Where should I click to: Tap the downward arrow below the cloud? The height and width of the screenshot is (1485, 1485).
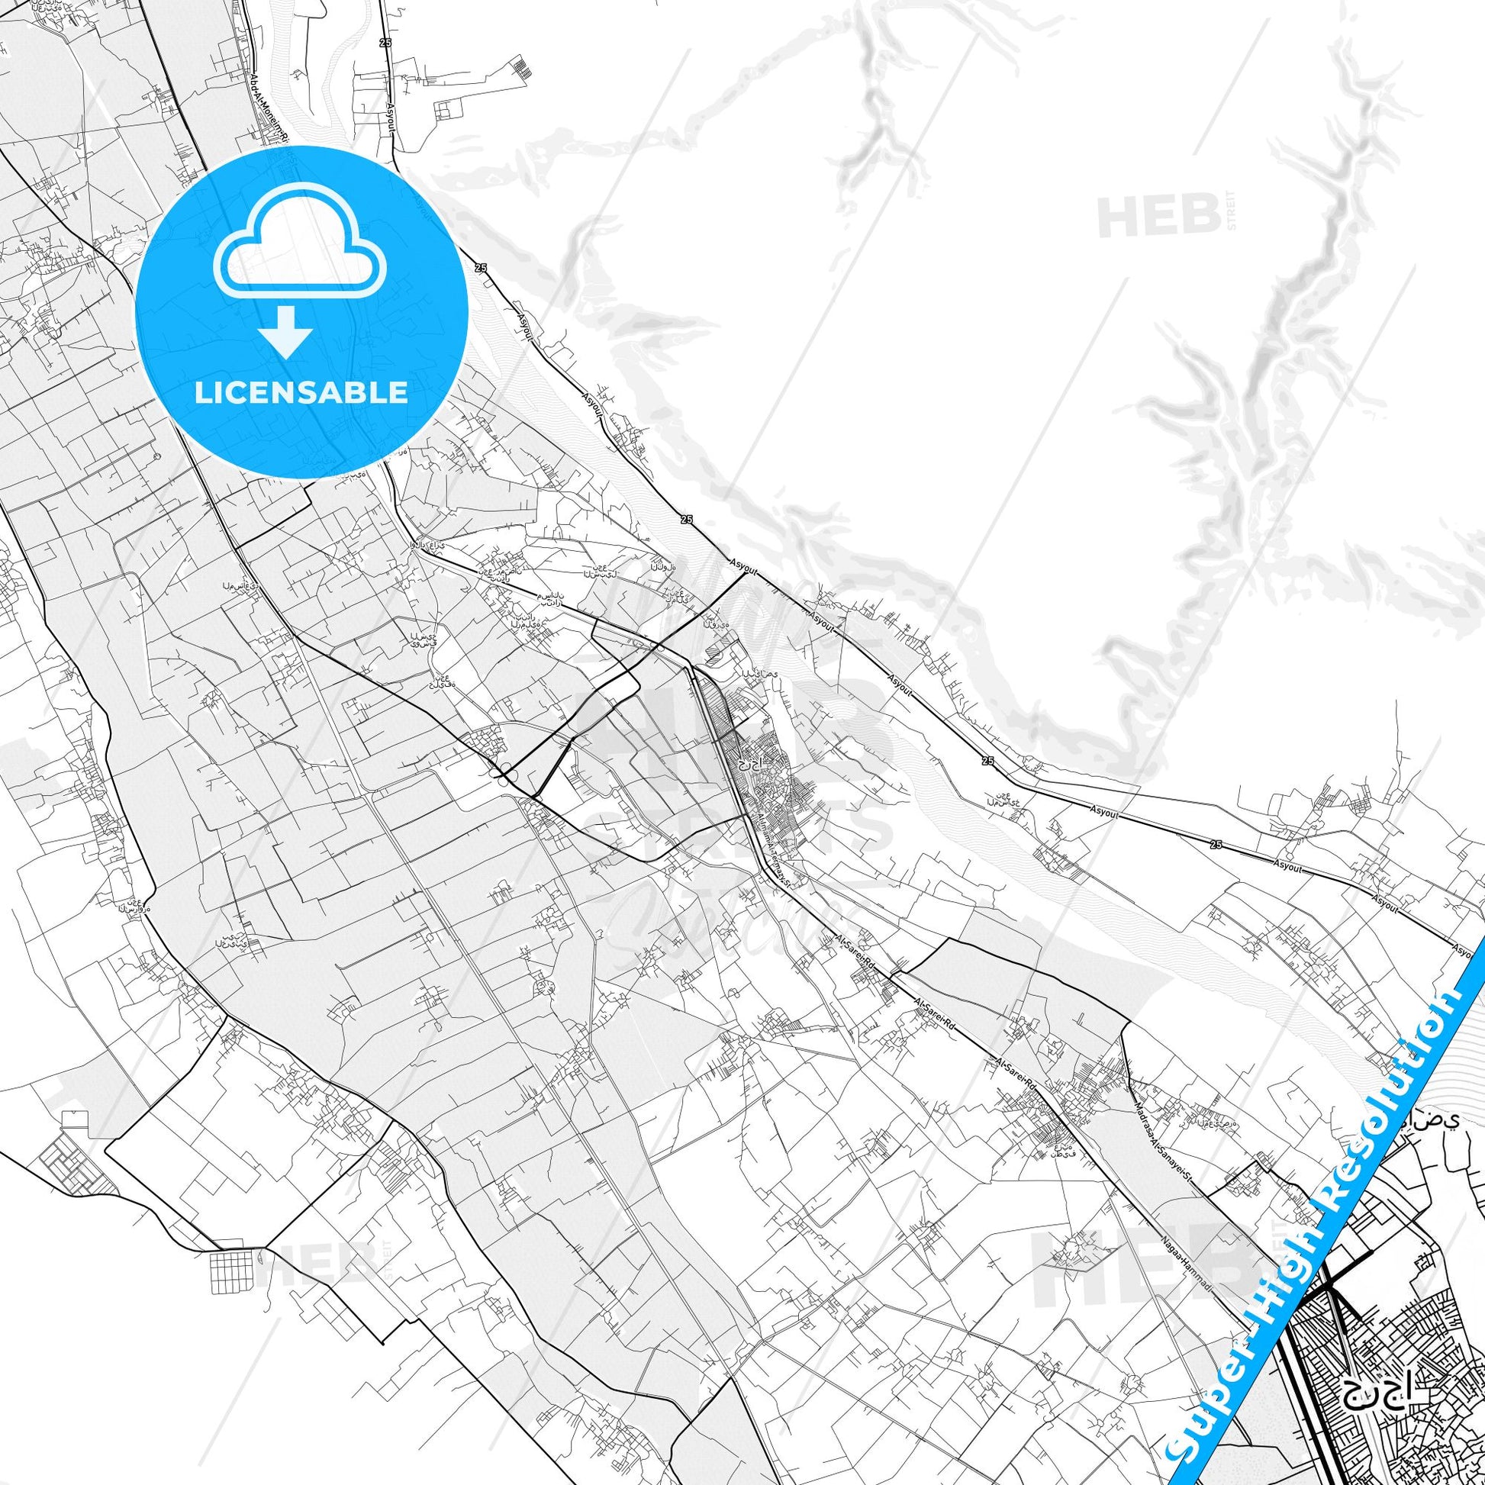tap(285, 331)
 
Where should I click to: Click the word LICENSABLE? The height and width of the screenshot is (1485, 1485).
tap(301, 393)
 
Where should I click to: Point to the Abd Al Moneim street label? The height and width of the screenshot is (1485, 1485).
tap(270, 107)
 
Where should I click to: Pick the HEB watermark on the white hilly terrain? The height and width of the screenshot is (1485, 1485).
tap(1149, 216)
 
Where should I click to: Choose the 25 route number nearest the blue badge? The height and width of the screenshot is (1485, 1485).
tap(482, 268)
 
